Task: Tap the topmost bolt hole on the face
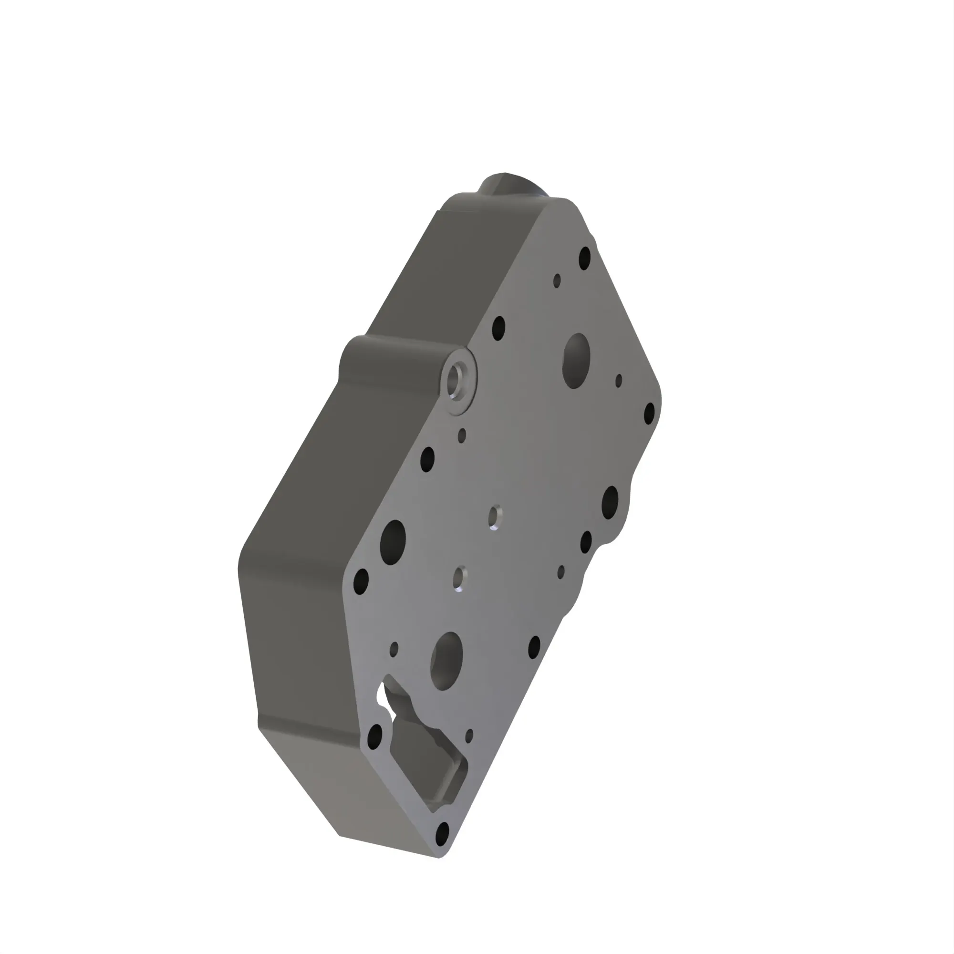click(585, 258)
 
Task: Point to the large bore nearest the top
click(576, 361)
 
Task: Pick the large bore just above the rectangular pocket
click(446, 661)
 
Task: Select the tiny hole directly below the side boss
click(462, 436)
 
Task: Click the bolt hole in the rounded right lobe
click(611, 502)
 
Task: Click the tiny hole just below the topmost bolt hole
click(557, 281)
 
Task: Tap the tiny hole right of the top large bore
click(619, 381)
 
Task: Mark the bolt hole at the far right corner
click(650, 413)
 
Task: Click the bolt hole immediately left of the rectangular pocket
click(375, 737)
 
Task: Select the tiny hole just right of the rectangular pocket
click(469, 736)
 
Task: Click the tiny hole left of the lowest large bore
click(394, 649)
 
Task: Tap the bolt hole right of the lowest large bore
click(534, 647)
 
